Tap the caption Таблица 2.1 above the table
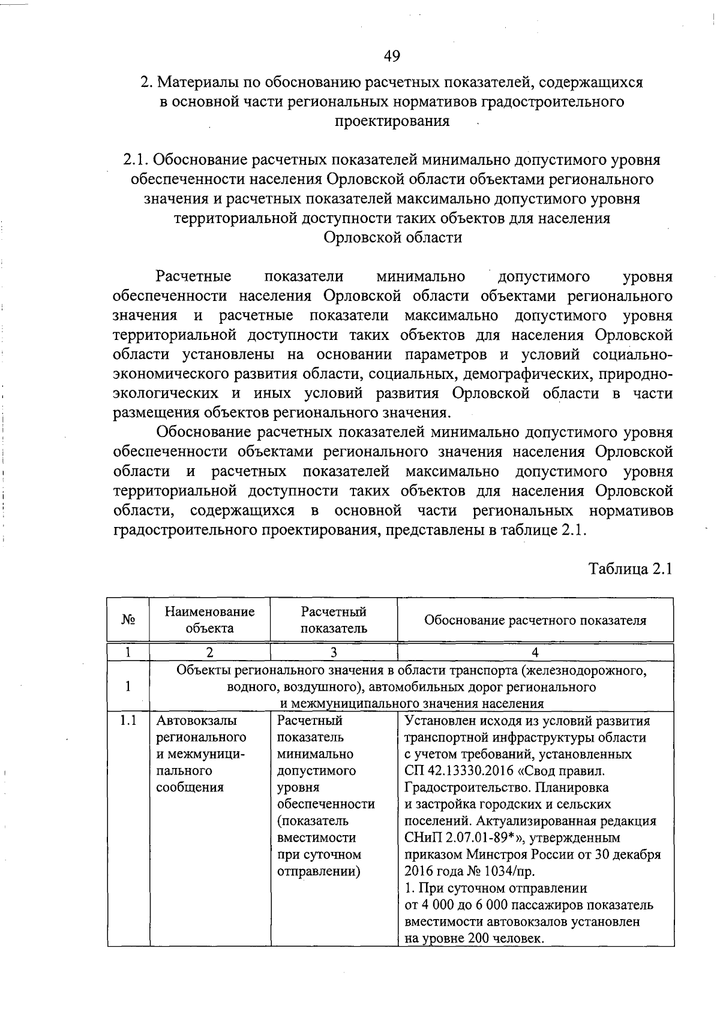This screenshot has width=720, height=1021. click(630, 568)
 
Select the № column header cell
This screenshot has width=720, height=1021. click(128, 620)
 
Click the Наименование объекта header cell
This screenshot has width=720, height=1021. click(209, 620)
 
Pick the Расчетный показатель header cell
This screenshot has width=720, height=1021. click(334, 620)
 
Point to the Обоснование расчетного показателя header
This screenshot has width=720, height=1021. click(535, 621)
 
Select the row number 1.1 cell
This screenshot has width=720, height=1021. click(128, 721)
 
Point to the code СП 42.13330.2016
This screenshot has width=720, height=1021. click(457, 770)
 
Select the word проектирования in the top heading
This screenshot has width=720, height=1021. click(391, 121)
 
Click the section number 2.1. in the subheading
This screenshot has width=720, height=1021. click(136, 160)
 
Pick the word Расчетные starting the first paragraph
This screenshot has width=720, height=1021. click(194, 276)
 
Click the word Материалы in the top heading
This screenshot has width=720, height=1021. click(197, 82)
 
